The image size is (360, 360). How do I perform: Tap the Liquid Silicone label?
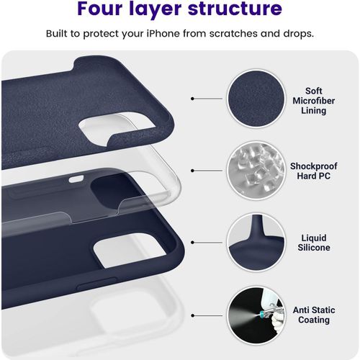point(315,242)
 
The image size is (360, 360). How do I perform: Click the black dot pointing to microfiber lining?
point(193,99)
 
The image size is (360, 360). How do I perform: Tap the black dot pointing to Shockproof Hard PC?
point(193,171)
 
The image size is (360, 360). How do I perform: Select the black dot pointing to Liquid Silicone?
point(193,243)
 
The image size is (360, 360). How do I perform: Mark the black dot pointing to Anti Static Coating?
point(193,315)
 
